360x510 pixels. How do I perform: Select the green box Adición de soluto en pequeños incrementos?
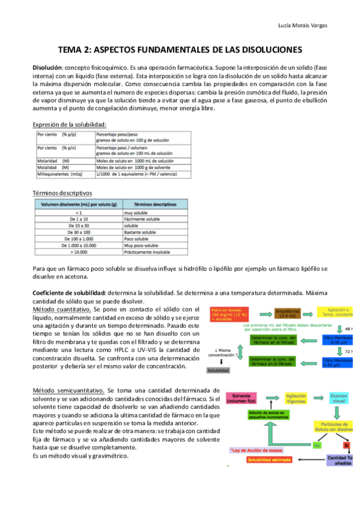[270, 416]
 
